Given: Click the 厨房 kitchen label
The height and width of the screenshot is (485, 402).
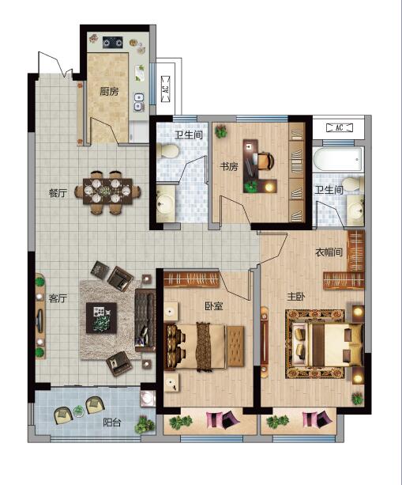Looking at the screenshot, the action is click(109, 91).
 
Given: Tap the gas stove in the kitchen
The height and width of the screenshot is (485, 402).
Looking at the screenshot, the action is click(113, 43).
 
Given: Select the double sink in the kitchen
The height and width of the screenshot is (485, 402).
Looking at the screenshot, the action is click(139, 102).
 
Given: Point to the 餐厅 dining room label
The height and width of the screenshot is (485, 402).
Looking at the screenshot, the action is click(58, 193).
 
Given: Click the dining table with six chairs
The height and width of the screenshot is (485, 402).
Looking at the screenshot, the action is click(107, 191).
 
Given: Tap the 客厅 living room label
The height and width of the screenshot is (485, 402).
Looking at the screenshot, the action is click(58, 298).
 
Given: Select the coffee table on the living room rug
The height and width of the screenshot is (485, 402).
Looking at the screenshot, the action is click(101, 317).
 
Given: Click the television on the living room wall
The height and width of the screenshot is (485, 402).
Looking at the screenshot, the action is click(39, 320).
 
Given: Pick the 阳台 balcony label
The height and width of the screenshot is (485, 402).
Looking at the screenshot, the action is click(112, 422).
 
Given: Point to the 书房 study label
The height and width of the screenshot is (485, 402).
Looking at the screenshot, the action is click(229, 167).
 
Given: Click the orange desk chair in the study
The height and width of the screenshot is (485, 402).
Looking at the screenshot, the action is click(265, 161).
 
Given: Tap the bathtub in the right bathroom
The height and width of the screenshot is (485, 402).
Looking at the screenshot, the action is click(338, 159).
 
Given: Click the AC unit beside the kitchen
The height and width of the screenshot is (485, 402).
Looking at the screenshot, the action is click(166, 89).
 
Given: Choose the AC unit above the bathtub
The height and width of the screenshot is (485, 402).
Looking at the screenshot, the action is click(340, 127).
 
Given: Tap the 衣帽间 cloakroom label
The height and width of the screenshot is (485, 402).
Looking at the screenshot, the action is click(329, 252).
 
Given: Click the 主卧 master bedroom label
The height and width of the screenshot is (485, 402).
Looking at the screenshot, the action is click(296, 297).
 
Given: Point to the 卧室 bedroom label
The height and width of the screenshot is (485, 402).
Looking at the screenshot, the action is click(214, 306).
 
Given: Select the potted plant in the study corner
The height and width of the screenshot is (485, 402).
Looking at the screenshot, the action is click(221, 131).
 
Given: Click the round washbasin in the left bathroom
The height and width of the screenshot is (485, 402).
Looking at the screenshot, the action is click(166, 203).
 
